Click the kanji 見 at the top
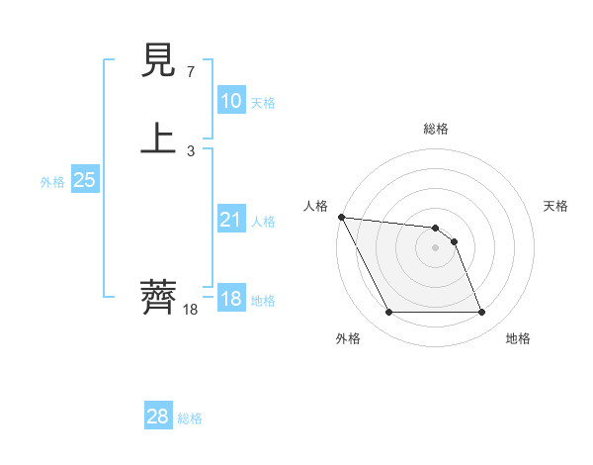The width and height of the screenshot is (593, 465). [159, 63]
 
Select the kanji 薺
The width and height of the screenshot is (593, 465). [159, 297]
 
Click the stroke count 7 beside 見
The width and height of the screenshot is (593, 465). [190, 72]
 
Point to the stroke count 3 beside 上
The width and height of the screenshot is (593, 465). [190, 151]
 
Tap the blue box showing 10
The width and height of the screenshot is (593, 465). [230, 101]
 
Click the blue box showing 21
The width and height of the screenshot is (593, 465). [230, 220]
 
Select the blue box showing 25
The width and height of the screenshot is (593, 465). [84, 180]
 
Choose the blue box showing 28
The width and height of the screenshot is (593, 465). [158, 417]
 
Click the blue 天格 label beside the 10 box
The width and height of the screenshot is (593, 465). [263, 103]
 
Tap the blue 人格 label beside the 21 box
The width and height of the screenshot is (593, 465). [263, 222]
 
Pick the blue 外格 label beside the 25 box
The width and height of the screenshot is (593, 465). [52, 182]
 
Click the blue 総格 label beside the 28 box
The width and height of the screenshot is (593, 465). [190, 418]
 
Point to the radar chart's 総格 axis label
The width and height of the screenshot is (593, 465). [435, 129]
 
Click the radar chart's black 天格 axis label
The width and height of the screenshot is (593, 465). [556, 206]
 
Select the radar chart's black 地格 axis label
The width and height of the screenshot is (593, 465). [518, 338]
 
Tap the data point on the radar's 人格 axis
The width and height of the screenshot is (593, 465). [341, 217]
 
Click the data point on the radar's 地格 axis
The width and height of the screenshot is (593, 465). [481, 313]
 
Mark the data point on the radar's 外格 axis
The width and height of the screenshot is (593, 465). [388, 313]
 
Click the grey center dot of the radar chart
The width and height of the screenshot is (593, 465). [435, 247]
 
